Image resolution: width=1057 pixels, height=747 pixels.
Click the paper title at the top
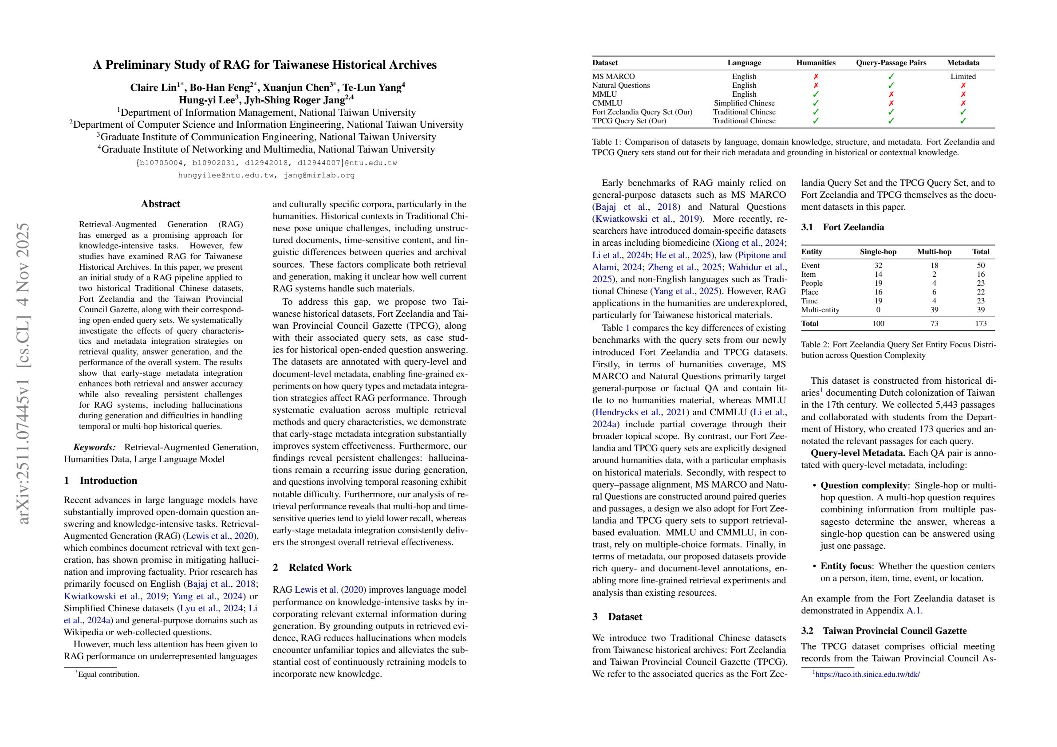tap(265, 64)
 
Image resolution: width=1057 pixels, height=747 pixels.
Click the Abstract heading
tap(160, 204)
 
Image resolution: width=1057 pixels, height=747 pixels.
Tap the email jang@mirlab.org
tap(319, 175)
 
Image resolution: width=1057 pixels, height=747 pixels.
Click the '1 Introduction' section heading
tap(100, 480)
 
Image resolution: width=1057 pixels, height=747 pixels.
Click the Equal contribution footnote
tap(108, 674)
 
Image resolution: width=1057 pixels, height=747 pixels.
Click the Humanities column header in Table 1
tap(816, 63)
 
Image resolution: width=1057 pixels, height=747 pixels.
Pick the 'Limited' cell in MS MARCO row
tap(963, 76)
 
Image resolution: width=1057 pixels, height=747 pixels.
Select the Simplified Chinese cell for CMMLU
tap(744, 103)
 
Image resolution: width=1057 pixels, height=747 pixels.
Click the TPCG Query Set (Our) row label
tap(629, 121)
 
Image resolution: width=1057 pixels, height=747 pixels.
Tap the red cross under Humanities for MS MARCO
tap(816, 76)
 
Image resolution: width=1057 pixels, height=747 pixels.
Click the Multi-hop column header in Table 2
tap(934, 252)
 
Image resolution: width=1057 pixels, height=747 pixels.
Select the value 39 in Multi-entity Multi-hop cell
tap(934, 310)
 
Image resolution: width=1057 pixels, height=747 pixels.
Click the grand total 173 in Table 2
tap(981, 323)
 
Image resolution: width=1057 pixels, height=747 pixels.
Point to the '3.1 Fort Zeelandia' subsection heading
tap(843, 227)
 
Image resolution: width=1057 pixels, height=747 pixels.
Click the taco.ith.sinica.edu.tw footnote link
tap(868, 675)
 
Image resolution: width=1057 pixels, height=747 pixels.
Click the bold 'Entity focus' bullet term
tap(846, 566)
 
